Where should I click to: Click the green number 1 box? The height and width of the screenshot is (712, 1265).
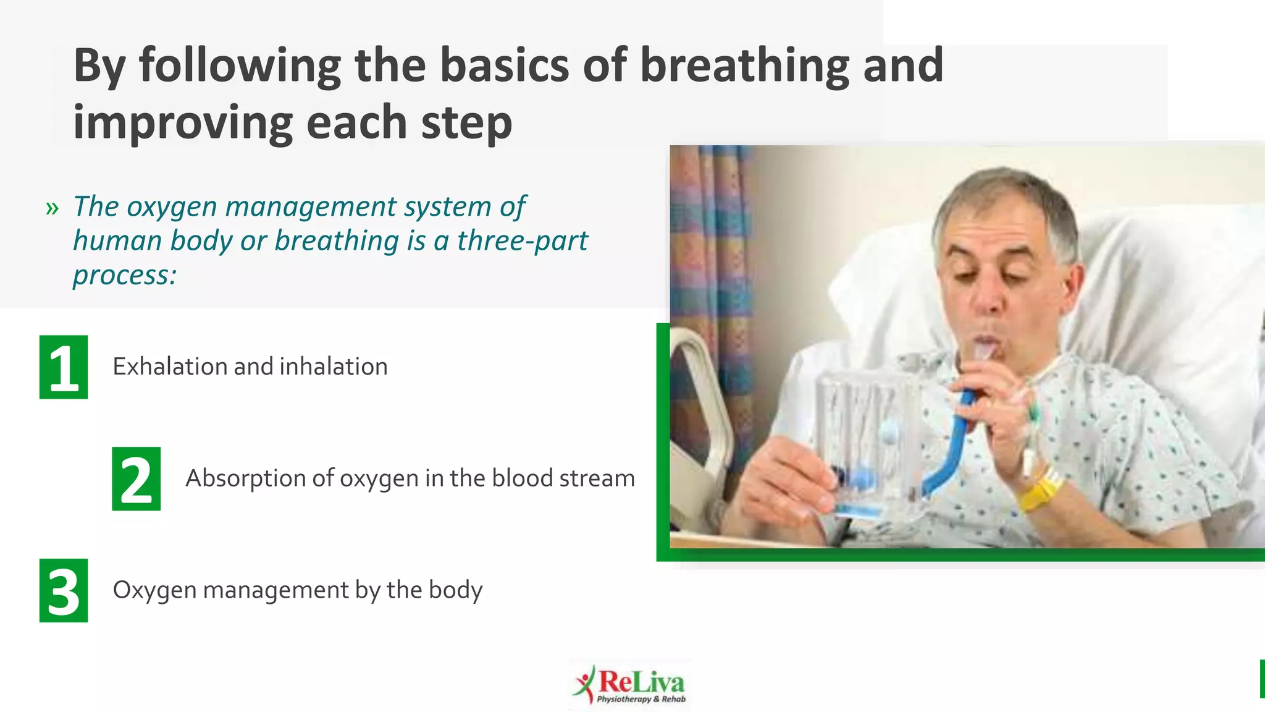64,367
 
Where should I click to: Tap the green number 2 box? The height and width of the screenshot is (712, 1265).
136,479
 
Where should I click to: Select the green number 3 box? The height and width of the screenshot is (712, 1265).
64,590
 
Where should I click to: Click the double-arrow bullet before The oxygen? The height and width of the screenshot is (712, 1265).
52,208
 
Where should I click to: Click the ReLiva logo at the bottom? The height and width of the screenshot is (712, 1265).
630,685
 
